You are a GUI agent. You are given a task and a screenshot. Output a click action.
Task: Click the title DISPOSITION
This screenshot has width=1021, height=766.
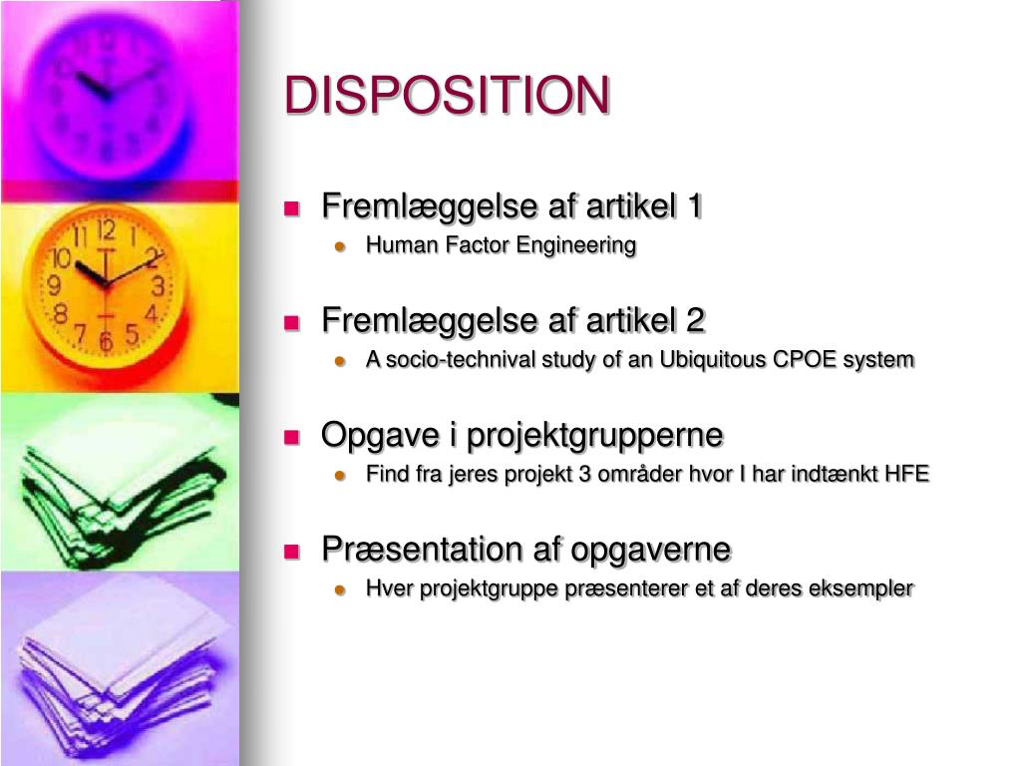447,95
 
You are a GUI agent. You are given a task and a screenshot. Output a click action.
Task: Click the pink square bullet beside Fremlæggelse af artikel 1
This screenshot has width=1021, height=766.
291,208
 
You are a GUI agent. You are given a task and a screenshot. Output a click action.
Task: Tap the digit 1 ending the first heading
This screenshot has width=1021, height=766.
694,205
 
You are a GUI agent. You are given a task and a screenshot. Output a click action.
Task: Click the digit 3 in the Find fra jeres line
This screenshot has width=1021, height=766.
584,474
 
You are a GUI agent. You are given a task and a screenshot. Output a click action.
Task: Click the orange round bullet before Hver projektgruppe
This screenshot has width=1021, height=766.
339,589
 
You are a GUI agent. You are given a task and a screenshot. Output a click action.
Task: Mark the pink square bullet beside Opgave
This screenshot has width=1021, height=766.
291,437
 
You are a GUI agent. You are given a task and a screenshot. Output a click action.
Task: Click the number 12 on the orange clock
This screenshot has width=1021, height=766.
106,229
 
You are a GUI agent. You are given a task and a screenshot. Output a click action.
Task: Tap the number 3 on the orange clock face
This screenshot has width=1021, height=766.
158,286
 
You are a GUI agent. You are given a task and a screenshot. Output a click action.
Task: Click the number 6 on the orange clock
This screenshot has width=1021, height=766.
106,341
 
